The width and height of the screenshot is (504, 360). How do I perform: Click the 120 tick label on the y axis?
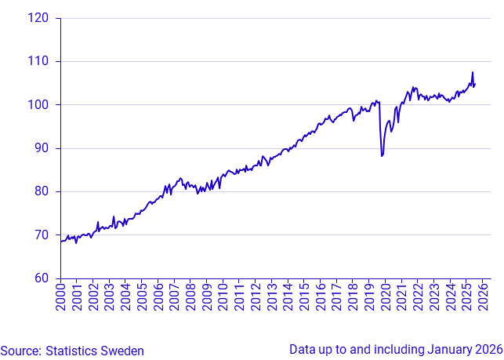coord(38,18)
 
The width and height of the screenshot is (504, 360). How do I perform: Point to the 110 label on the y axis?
coord(38,61)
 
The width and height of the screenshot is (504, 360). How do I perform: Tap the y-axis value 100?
coord(38,105)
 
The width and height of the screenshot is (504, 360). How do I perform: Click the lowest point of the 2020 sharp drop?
coord(382,156)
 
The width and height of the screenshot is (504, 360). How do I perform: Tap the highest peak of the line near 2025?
coord(473,73)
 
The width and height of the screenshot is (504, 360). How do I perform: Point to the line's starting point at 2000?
coord(61,242)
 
